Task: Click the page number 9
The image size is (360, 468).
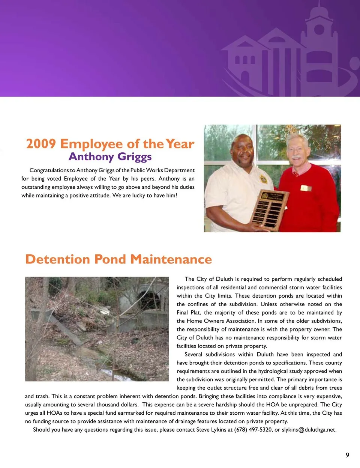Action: coord(347,455)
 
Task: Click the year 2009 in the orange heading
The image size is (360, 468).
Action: coord(41,144)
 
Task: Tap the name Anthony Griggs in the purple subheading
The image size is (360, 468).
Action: coord(110,157)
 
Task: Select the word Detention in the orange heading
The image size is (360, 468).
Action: coord(57,259)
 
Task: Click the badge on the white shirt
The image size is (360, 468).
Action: coord(264,179)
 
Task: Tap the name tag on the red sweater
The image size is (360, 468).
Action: coord(306,188)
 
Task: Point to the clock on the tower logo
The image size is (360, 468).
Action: coord(319,30)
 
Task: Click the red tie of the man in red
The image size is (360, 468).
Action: coord(295,174)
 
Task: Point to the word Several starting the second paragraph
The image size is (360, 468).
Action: coord(193,354)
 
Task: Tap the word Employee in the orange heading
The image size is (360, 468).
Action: coord(91,144)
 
